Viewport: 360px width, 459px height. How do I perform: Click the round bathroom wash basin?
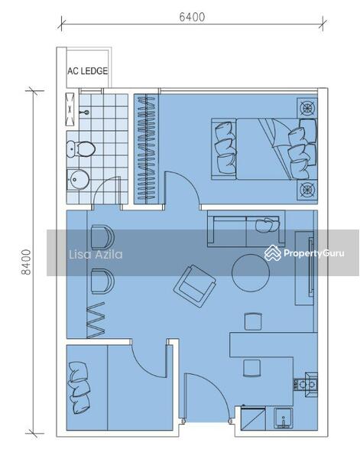(x=78, y=180)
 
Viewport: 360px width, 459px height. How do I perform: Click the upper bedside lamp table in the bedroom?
(x=308, y=108)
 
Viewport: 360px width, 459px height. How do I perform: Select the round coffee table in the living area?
(x=251, y=272)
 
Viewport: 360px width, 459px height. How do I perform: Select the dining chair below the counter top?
(x=253, y=367)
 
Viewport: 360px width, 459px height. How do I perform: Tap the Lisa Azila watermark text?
(x=96, y=255)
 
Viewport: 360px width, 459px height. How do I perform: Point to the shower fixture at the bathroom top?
(x=71, y=108)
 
